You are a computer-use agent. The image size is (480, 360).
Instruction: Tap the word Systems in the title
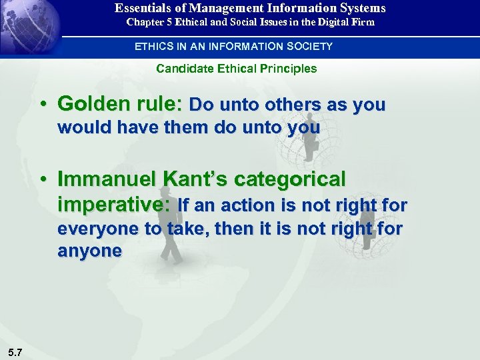361,9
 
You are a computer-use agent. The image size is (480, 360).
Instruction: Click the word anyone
90,251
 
